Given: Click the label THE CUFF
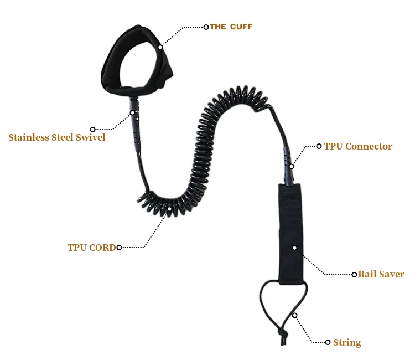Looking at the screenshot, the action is [231, 27].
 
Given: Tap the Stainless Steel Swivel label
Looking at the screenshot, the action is [56, 137].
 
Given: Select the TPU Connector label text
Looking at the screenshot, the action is [358, 147].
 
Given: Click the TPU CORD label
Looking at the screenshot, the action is [92, 248].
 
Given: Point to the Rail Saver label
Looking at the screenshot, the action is [381, 274].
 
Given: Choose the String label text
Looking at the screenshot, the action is [347, 342].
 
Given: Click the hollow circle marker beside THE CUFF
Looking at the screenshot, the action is [206, 27].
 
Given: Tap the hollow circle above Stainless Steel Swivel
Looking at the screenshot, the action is [92, 129].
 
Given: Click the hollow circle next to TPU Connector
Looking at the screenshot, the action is [319, 147].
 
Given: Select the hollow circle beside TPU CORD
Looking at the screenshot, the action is [119, 248].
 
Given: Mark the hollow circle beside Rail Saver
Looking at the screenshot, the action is [354, 274].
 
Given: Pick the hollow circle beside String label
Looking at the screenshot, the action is [328, 342].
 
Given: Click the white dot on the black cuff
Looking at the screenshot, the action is [160, 47].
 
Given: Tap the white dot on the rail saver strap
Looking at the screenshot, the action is [294, 248].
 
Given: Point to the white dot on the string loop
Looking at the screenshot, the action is [295, 315].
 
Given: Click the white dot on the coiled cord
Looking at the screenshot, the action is [169, 209].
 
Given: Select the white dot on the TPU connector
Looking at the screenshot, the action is [292, 166].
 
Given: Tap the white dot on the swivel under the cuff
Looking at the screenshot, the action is [133, 113].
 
